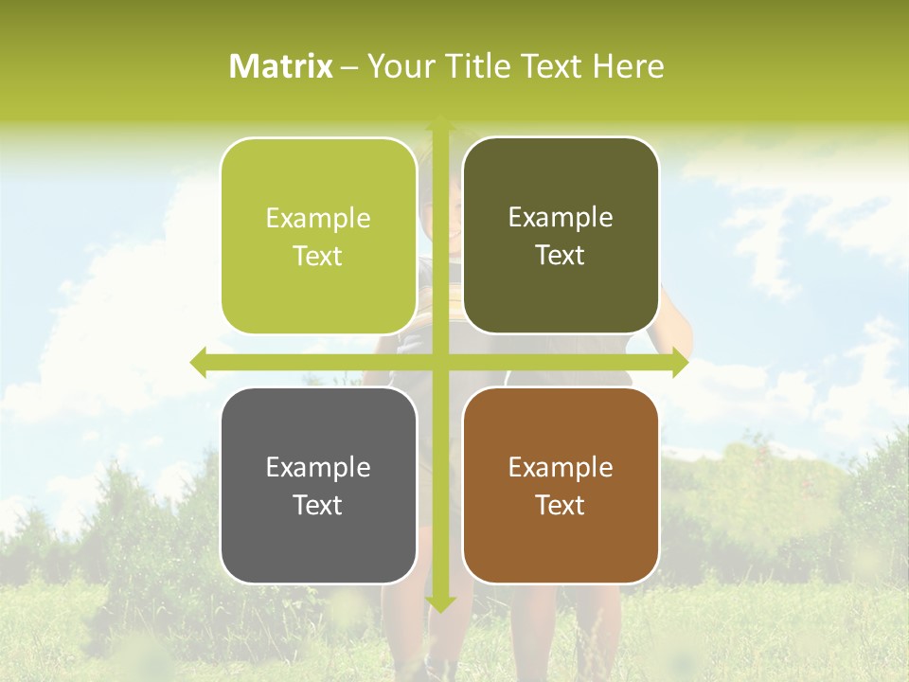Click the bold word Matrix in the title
pos(281,66)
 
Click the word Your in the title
pos(399,66)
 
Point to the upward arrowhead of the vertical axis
pos(440,123)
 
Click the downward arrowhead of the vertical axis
pos(440,603)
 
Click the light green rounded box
pos(318,236)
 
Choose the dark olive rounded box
pos(561,236)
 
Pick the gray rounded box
pos(318,485)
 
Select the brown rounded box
pos(561,485)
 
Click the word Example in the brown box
pos(561,467)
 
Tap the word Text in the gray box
pos(318,505)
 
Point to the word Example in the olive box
pos(561,218)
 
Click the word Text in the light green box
pos(318,256)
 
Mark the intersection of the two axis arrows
pos(440,363)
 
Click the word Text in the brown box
pos(561,505)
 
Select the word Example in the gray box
pos(318,467)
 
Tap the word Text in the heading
pos(550,66)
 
